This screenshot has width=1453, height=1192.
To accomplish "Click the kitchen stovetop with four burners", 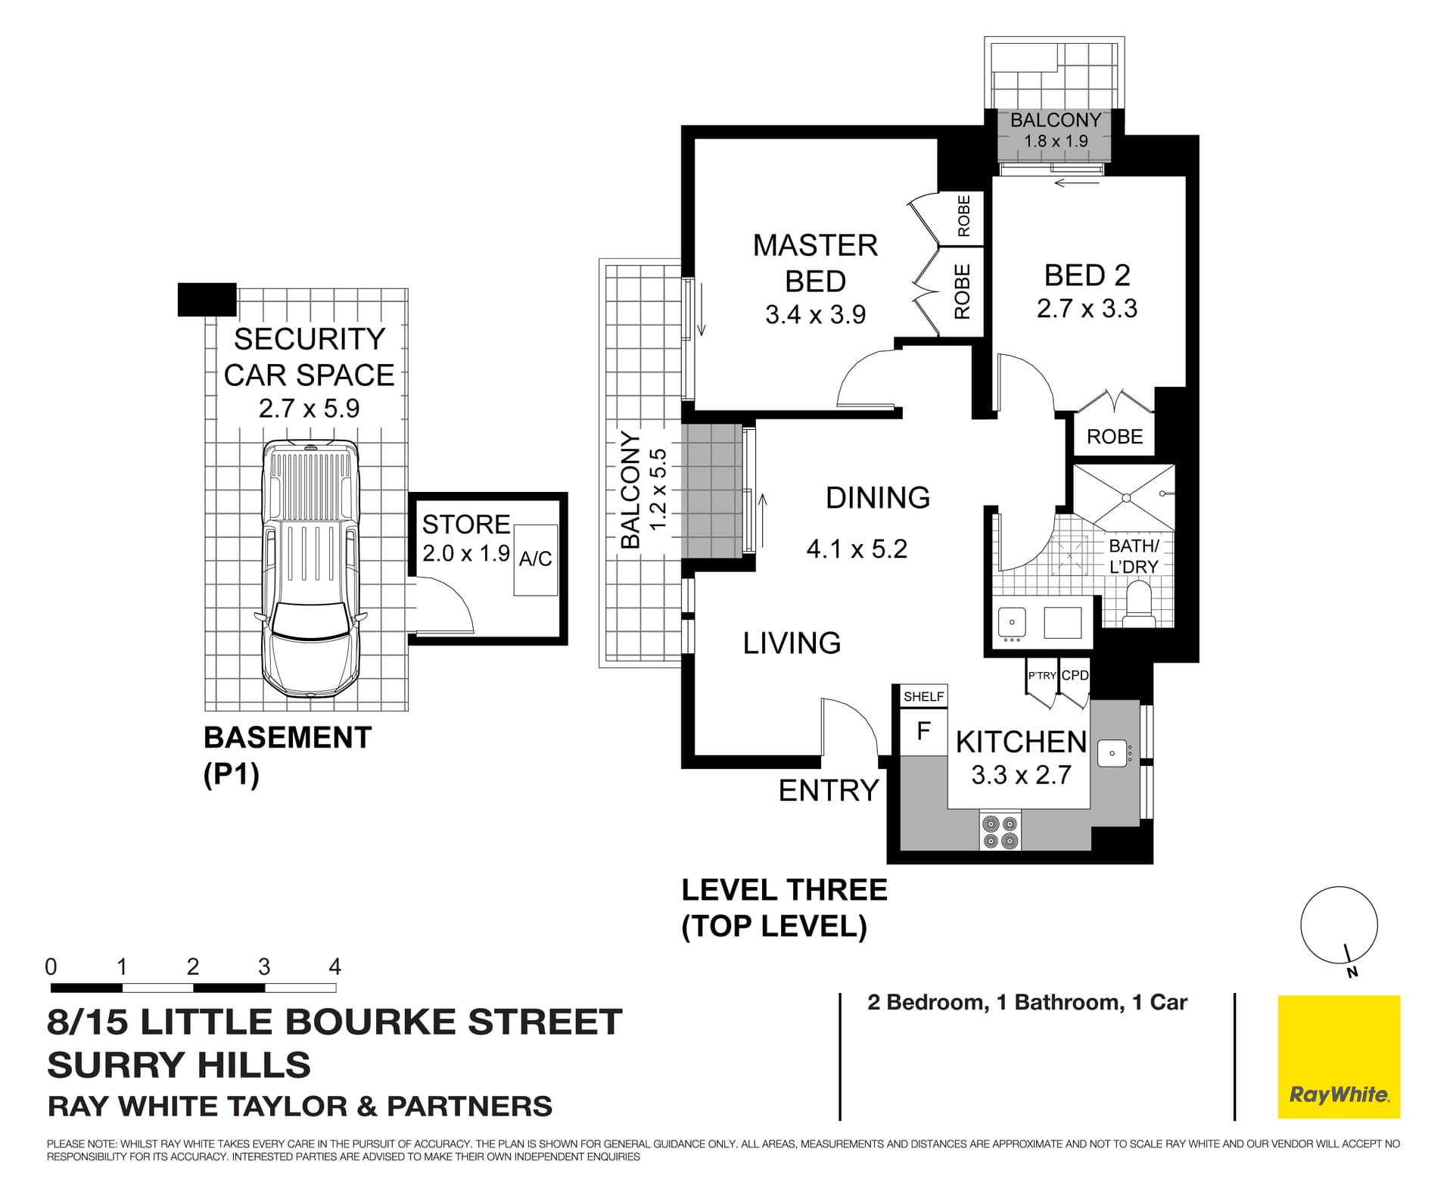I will [1000, 831].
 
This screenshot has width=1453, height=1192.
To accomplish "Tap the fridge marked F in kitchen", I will [923, 731].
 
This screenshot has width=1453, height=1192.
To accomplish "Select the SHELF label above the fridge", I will [923, 696].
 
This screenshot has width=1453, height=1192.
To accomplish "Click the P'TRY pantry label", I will [1041, 676].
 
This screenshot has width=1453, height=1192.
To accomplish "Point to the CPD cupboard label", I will [1075, 675].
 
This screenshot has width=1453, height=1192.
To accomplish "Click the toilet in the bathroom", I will [1138, 603].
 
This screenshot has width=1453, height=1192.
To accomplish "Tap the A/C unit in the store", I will [536, 559].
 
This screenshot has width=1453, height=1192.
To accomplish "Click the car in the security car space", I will [310, 568].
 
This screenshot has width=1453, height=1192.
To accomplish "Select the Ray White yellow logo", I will [1339, 1057].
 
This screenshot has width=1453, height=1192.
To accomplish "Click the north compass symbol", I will [1339, 927].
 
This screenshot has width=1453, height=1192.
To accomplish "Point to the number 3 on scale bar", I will [264, 966].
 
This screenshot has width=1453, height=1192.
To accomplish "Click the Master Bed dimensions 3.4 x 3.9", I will [815, 315].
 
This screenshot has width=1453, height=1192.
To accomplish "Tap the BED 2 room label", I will [1087, 275].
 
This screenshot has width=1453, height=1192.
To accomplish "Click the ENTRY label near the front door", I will [828, 791].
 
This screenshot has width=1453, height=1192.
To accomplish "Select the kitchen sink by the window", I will [1112, 753].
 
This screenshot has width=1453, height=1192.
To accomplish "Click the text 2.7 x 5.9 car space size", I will [309, 409].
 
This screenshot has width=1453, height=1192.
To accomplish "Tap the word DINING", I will [877, 498].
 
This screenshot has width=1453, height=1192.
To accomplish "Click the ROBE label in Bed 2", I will [1114, 437].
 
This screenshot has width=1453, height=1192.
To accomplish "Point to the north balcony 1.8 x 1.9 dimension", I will [1055, 142].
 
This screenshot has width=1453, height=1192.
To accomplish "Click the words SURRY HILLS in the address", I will [179, 1065].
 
